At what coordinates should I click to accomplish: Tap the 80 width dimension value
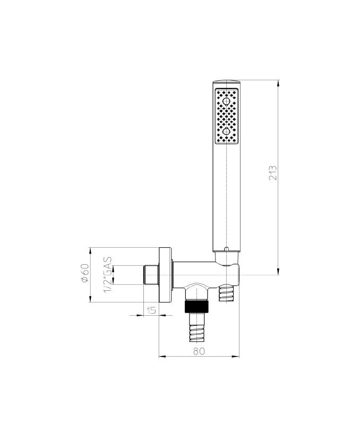point(199,351)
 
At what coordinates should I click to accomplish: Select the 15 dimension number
point(151,310)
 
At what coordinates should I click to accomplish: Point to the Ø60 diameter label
point(85,273)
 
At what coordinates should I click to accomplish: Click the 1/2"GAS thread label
point(108,275)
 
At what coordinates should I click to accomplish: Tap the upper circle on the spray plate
point(226,100)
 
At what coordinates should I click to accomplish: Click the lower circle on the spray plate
point(226,131)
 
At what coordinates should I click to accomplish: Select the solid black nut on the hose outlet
point(197,306)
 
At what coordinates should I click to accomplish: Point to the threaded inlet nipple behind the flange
point(151,275)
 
